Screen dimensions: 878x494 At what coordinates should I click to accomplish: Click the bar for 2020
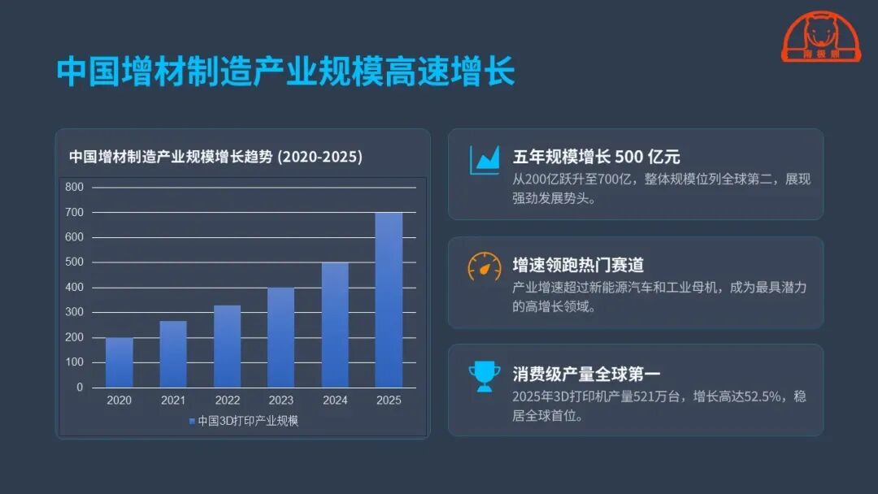click(x=120, y=362)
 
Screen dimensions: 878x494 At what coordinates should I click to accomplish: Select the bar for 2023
click(x=281, y=337)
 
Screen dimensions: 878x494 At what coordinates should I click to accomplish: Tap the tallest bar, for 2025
click(x=389, y=300)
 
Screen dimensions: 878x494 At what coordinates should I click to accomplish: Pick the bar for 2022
click(x=228, y=346)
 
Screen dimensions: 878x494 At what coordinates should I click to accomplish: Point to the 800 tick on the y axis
click(x=75, y=187)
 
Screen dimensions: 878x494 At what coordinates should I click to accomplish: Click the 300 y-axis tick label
click(x=75, y=312)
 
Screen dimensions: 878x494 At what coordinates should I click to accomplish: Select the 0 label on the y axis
click(x=80, y=387)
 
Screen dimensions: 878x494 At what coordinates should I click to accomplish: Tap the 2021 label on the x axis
click(x=173, y=400)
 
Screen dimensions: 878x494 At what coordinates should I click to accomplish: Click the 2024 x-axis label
click(x=335, y=400)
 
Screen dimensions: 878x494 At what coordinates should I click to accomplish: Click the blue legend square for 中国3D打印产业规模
click(x=192, y=421)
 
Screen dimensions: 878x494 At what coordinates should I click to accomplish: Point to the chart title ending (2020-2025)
click(x=215, y=157)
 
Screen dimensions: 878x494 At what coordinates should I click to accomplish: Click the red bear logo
click(x=821, y=37)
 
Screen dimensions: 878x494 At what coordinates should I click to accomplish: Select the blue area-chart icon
click(x=485, y=161)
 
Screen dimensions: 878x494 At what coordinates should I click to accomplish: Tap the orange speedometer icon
click(x=485, y=266)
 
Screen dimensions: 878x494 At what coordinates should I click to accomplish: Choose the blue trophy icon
click(x=485, y=376)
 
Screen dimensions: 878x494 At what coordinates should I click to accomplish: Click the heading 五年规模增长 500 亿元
click(x=597, y=157)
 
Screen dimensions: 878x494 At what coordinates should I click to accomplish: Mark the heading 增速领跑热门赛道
click(x=579, y=265)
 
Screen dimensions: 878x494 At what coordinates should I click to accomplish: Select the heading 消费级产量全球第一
click(x=586, y=373)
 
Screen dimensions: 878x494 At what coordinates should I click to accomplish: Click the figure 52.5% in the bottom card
click(x=755, y=396)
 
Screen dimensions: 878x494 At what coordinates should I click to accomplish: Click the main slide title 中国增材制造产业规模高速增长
click(x=285, y=71)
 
